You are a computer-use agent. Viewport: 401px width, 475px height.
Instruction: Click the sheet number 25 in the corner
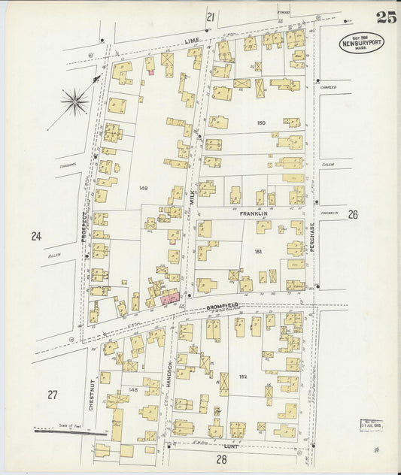click(x=386, y=18)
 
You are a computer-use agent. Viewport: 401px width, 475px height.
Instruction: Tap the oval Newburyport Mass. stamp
click(x=361, y=43)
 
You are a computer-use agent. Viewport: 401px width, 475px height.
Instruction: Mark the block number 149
click(x=143, y=189)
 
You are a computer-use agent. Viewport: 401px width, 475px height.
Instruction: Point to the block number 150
click(x=261, y=123)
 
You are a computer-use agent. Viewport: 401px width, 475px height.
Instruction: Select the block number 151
click(x=258, y=252)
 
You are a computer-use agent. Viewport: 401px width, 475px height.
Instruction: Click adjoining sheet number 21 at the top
click(x=211, y=17)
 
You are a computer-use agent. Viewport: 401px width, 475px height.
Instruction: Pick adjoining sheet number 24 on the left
click(x=35, y=237)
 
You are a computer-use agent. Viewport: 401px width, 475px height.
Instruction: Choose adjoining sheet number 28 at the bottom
click(x=222, y=459)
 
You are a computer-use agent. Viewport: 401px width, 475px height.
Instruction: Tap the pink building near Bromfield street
click(x=171, y=298)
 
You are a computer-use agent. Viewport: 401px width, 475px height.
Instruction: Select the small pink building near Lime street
click(x=150, y=72)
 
